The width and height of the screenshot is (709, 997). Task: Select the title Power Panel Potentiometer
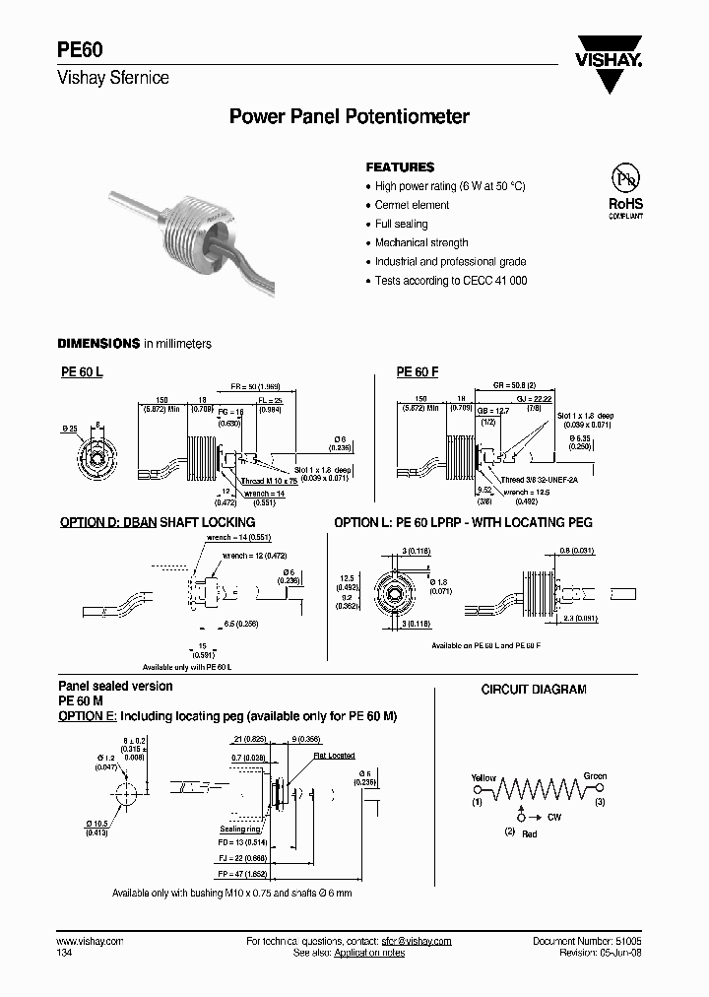(349, 117)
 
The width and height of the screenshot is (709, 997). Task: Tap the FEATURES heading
(400, 167)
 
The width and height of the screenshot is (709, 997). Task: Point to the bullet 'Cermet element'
(412, 205)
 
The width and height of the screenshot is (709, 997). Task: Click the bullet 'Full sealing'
(401, 224)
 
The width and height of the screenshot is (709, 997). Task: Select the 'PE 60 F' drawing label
(418, 372)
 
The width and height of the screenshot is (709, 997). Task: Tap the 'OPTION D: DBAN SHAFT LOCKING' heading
(158, 522)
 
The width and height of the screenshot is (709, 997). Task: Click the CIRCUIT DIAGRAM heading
(533, 690)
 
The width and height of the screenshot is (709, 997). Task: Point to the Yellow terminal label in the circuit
(483, 777)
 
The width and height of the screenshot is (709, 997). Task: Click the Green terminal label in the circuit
(595, 776)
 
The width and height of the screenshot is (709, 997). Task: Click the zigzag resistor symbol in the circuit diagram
(538, 791)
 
